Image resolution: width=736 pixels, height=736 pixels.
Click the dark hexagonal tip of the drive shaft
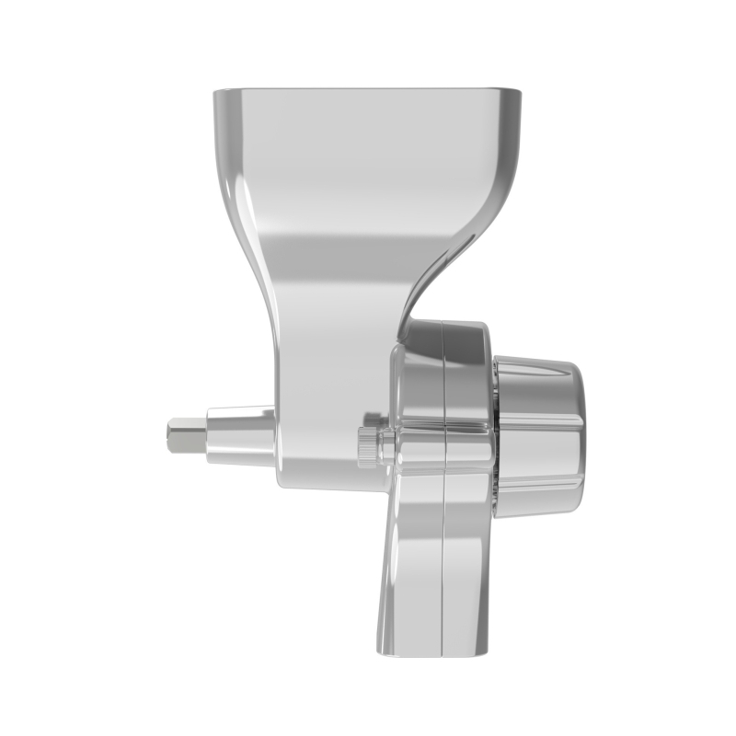182,436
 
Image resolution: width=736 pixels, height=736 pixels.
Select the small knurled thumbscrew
369,446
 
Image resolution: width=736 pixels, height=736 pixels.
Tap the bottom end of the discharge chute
432,649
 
